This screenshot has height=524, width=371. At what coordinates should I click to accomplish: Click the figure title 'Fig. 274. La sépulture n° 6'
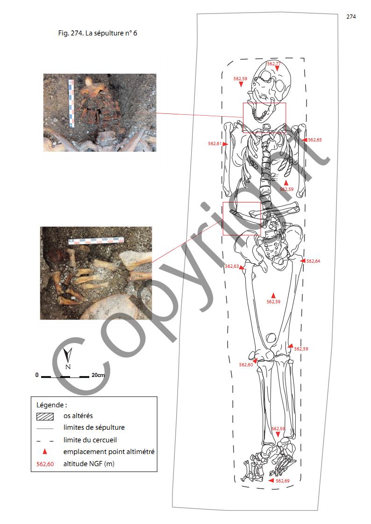97,33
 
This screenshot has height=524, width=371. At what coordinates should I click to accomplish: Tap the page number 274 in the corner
351,17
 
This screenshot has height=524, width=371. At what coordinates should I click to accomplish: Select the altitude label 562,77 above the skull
274,63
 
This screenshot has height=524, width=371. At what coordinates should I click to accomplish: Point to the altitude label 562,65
315,140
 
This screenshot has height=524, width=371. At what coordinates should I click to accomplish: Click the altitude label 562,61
215,144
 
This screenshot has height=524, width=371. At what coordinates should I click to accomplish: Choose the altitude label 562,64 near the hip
313,261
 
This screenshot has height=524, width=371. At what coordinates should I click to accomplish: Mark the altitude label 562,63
232,266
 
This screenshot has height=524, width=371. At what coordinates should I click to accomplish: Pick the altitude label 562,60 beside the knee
246,364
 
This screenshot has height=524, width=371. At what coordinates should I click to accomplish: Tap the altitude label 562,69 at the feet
283,481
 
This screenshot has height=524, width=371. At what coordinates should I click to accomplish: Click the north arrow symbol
68,357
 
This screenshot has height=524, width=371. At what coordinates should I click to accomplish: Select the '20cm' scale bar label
98,375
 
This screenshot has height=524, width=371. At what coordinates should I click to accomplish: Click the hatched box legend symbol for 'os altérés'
45,416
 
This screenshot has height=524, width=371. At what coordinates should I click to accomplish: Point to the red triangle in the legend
45,452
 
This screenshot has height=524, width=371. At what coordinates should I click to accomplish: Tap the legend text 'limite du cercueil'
90,440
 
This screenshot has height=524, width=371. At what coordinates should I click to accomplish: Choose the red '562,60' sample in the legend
45,464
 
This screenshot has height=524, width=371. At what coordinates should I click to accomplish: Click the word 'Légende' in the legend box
50,405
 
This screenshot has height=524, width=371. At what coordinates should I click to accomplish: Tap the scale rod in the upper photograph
71,103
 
